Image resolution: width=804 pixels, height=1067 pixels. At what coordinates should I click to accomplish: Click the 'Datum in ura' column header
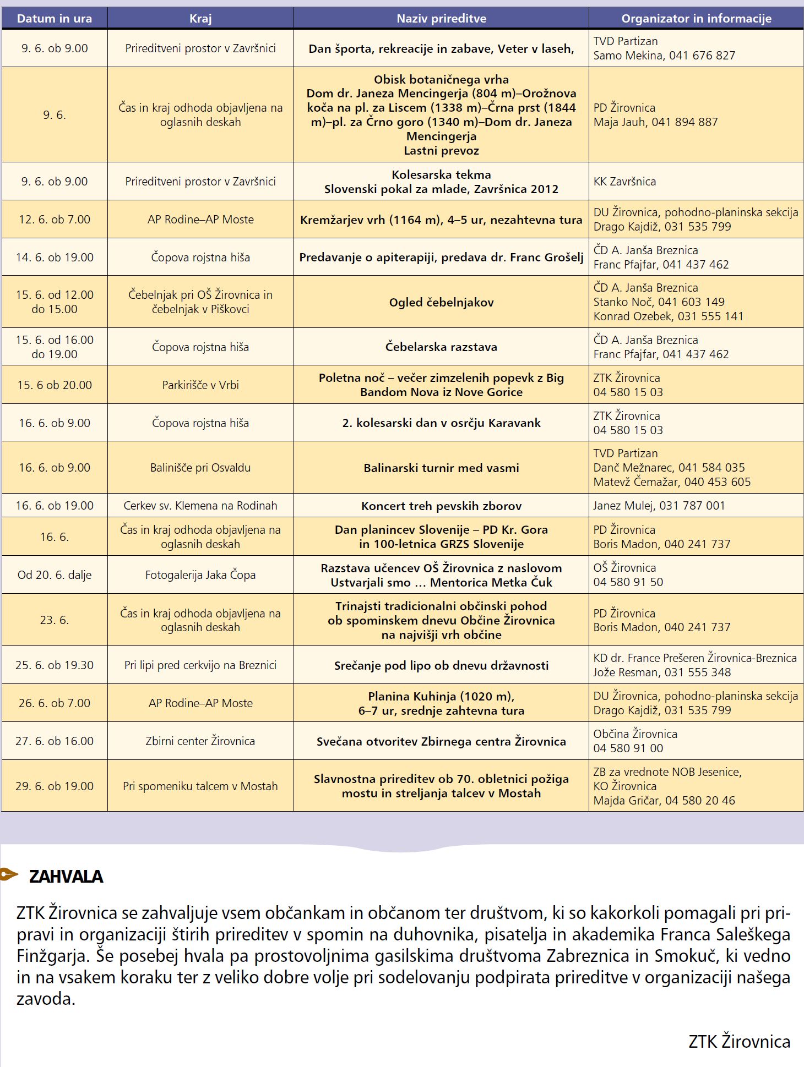(x=55, y=19)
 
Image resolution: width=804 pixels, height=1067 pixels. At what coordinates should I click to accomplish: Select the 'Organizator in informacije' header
(x=696, y=19)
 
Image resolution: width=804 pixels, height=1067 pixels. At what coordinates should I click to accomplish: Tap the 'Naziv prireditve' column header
(x=441, y=19)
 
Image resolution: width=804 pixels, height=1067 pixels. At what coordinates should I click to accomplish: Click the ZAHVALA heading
(x=66, y=877)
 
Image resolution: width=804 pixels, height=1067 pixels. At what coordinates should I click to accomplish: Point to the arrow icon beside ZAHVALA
(x=9, y=874)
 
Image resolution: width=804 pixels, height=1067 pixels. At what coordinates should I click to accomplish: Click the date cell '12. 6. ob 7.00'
(x=55, y=220)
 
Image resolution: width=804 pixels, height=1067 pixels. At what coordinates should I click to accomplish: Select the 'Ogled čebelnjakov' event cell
(x=441, y=302)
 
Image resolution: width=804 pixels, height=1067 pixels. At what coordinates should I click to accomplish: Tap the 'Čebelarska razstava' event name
(x=441, y=347)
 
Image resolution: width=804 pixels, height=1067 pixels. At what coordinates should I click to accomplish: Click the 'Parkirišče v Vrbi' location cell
(x=200, y=385)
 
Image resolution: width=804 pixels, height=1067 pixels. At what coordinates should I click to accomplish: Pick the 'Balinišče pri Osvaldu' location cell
(x=200, y=468)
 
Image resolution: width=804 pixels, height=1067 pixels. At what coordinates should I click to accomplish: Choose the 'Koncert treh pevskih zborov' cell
(x=441, y=506)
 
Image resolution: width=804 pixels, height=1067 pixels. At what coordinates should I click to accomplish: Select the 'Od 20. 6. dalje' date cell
(x=55, y=575)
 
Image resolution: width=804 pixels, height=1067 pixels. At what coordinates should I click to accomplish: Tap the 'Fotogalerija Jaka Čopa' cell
(x=200, y=575)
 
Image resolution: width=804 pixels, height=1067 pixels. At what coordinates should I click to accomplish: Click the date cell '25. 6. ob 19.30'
(x=55, y=665)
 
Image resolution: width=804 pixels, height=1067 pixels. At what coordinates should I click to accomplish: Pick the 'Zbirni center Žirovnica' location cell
(x=200, y=741)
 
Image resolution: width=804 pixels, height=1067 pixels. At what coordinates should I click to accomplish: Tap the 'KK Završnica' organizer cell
(x=624, y=182)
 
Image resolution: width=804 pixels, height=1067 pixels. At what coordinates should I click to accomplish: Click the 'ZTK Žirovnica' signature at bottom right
(x=739, y=1042)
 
